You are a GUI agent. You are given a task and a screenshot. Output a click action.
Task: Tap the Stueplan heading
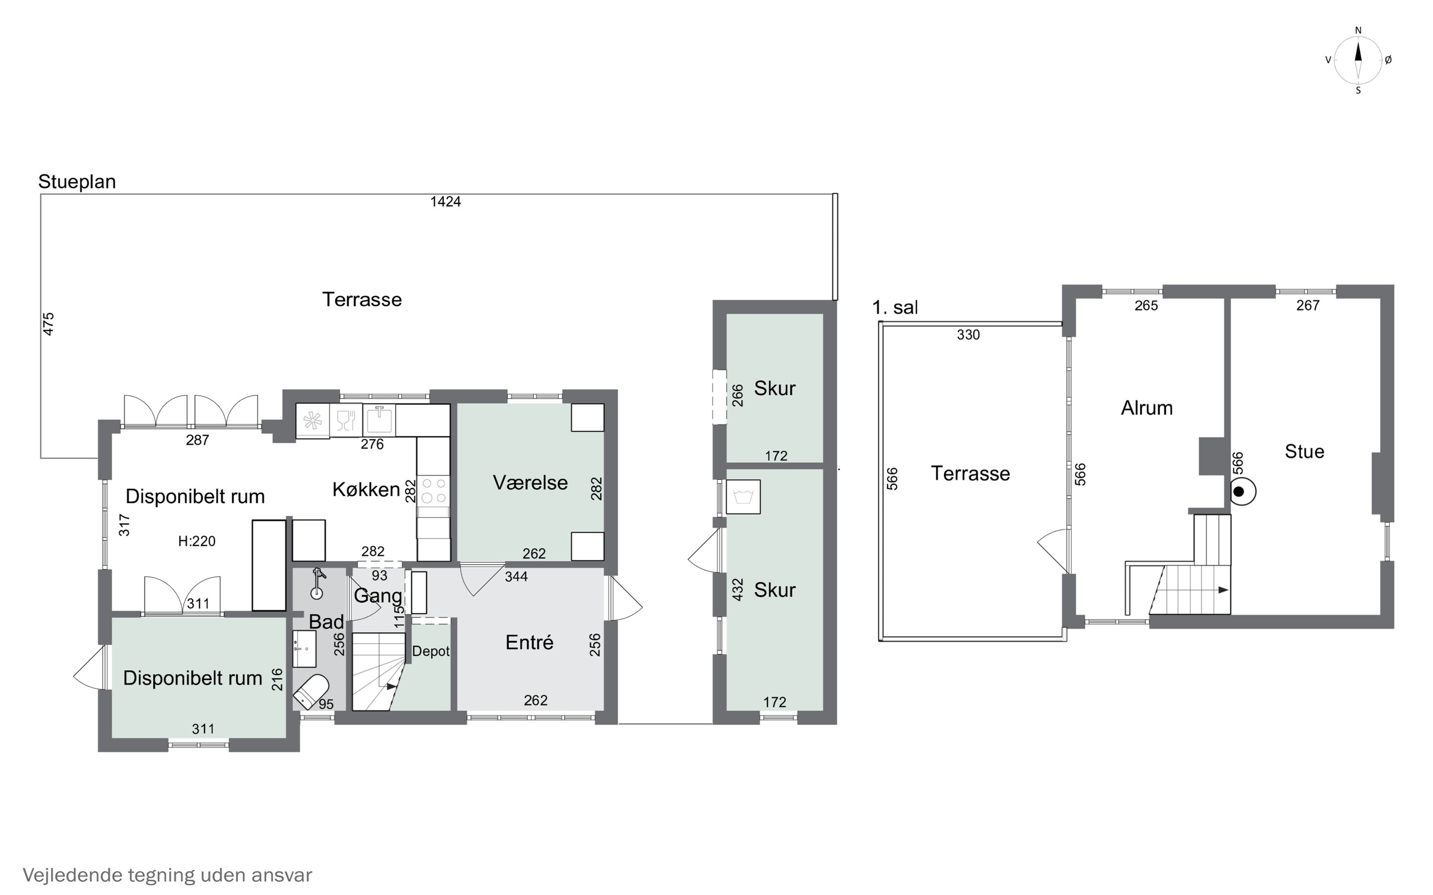(x=77, y=182)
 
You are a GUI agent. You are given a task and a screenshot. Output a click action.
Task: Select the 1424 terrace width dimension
(x=445, y=202)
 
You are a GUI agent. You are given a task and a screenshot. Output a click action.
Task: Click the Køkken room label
(x=366, y=490)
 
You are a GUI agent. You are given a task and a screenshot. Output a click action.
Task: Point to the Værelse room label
(x=530, y=483)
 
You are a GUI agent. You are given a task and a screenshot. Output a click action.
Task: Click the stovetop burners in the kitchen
(x=433, y=491)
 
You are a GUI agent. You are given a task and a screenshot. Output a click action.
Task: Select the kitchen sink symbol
(x=379, y=420)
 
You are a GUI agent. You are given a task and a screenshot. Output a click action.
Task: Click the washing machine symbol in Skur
(x=743, y=496)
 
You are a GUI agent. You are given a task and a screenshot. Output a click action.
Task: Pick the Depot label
(x=430, y=651)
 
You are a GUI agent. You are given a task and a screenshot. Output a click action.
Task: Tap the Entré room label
(x=529, y=642)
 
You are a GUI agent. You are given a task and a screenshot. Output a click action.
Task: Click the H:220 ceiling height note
(x=197, y=541)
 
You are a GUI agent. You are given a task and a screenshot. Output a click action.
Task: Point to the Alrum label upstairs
(x=1146, y=408)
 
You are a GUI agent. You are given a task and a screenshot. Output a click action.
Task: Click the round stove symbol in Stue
(x=1242, y=491)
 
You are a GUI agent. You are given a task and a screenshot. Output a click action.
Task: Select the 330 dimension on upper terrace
(x=968, y=335)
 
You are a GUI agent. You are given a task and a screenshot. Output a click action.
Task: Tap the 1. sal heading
(x=895, y=308)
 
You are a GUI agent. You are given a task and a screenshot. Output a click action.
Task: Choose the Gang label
(x=378, y=596)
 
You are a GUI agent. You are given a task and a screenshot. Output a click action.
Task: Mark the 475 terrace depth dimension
(x=49, y=324)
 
